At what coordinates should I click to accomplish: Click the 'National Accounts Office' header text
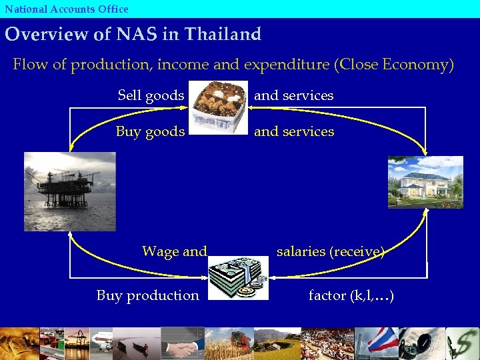67,9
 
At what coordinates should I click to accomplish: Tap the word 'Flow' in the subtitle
29,65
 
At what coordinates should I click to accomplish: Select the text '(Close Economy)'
395,65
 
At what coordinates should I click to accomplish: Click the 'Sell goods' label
151,95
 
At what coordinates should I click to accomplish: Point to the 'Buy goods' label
150,131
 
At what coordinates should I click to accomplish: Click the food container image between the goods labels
219,107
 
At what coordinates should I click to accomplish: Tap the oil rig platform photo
69,191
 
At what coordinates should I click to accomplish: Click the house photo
425,182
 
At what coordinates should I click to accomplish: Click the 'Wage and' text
175,251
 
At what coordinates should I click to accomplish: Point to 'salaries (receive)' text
331,251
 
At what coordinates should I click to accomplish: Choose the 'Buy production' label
147,295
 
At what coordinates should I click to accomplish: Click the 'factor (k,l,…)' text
351,295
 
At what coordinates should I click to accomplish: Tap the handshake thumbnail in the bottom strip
182,344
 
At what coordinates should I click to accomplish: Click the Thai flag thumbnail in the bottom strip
381,341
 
